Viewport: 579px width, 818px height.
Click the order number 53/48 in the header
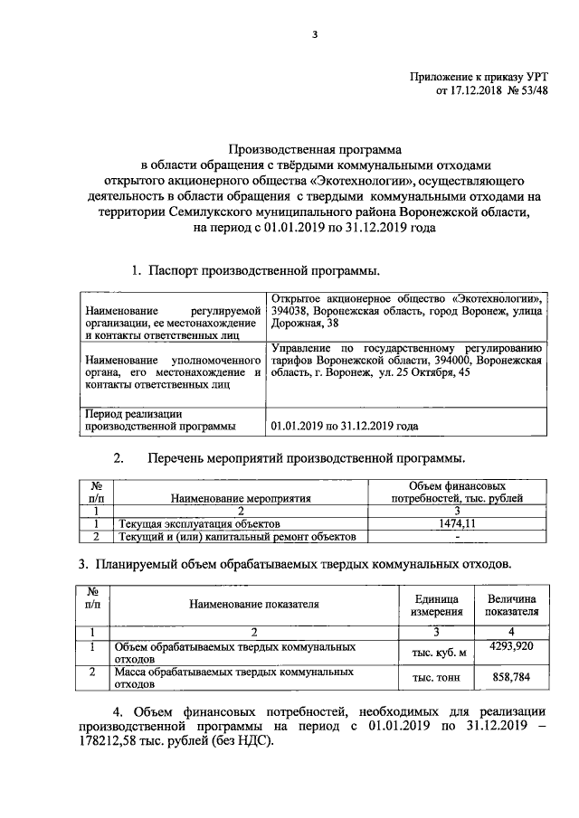click(533, 90)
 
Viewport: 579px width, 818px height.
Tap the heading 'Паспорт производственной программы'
click(265, 269)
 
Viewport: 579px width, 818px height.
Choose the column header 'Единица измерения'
click(438, 605)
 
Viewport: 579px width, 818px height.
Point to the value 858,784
click(513, 678)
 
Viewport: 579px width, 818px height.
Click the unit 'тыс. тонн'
click(438, 679)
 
